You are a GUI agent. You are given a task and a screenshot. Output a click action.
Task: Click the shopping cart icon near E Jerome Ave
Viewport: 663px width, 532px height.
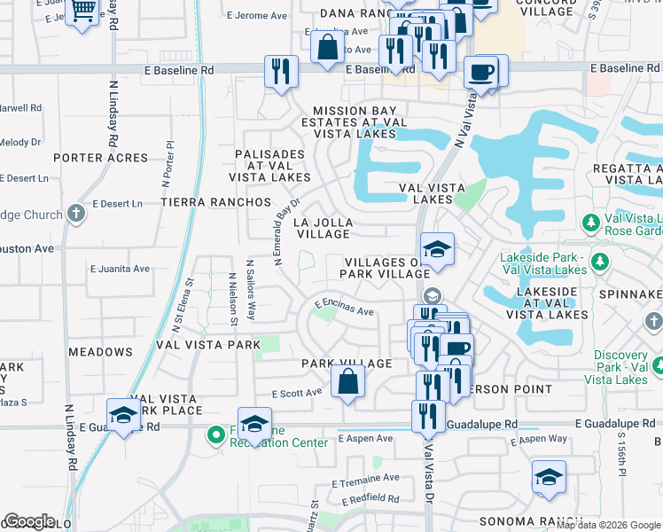[82, 12]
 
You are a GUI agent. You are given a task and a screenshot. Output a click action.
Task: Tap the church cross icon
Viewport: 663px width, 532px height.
[76, 213]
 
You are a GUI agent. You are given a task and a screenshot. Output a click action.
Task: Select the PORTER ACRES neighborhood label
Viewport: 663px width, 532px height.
[100, 158]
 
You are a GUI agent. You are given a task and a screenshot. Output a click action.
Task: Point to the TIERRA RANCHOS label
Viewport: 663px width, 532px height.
[215, 202]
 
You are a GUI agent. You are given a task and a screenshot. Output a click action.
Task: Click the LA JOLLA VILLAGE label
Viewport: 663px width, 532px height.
[324, 228]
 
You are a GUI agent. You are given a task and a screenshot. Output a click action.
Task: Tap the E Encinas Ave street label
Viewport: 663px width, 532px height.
[343, 307]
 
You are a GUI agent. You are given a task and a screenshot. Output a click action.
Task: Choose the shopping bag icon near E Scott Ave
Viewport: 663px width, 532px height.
[348, 383]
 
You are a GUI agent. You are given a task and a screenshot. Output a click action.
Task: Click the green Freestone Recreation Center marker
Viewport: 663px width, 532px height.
[214, 435]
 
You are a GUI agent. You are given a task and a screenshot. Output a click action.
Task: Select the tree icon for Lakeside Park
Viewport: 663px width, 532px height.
[601, 261]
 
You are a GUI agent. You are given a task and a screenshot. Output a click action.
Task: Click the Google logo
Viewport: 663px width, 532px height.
[29, 521]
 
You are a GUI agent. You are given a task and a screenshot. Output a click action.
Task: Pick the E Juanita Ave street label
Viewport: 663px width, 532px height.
[120, 268]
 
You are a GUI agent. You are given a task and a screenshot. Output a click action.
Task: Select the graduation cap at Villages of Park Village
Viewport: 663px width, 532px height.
[436, 250]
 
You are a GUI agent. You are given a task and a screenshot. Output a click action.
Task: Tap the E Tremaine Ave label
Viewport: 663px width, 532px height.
[365, 478]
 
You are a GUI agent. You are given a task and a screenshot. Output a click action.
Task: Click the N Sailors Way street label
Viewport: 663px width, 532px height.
[251, 290]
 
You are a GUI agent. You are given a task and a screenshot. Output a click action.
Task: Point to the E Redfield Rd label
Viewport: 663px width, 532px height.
[367, 498]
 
